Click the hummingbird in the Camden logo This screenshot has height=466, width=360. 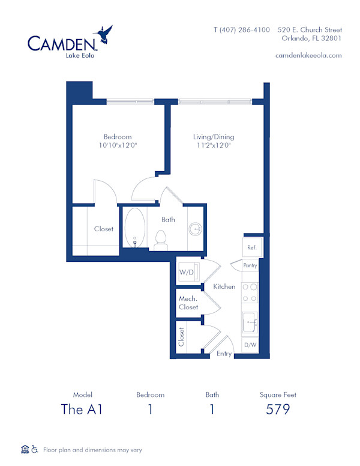pyautogui.click(x=106, y=34)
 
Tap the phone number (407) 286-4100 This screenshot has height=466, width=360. pyautogui.click(x=242, y=29)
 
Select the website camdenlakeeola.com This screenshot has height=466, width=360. pyautogui.click(x=308, y=55)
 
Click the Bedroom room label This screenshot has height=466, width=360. pyautogui.click(x=117, y=137)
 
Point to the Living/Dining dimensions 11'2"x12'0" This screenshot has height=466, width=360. pyautogui.click(x=213, y=145)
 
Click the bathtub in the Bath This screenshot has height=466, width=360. pyautogui.click(x=134, y=228)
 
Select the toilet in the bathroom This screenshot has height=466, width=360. pyautogui.click(x=160, y=240)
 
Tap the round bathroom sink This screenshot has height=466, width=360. pyautogui.click(x=196, y=229)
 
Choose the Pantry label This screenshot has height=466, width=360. pyautogui.click(x=250, y=265)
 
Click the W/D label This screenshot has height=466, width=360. pyautogui.click(x=186, y=273)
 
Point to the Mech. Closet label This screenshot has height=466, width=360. pyautogui.click(x=188, y=303)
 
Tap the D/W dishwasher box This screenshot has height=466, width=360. pyautogui.click(x=250, y=345)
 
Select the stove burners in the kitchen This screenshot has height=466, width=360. pyautogui.click(x=250, y=292)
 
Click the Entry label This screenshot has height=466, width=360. pyautogui.click(x=224, y=354)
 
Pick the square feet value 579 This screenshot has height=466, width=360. pyautogui.click(x=278, y=410)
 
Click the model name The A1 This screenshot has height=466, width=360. pyautogui.click(x=82, y=410)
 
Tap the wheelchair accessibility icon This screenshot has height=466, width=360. pyautogui.click(x=35, y=449)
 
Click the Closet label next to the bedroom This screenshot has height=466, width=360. pyautogui.click(x=104, y=229)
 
